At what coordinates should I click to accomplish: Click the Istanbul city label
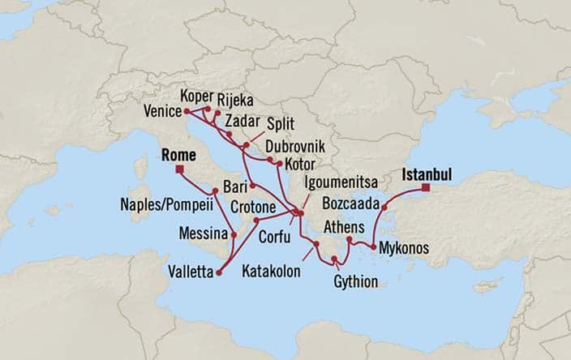pos(426,174)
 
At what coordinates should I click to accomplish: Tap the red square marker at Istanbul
pos(423,189)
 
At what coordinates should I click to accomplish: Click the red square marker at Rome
pos(179,169)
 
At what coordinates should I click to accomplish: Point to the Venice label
pos(161,111)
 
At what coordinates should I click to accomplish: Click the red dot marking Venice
pos(187,110)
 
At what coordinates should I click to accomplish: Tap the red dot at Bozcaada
pos(384,207)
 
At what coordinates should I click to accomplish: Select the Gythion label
pos(354,281)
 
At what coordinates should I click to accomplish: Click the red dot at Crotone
pos(255,220)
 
